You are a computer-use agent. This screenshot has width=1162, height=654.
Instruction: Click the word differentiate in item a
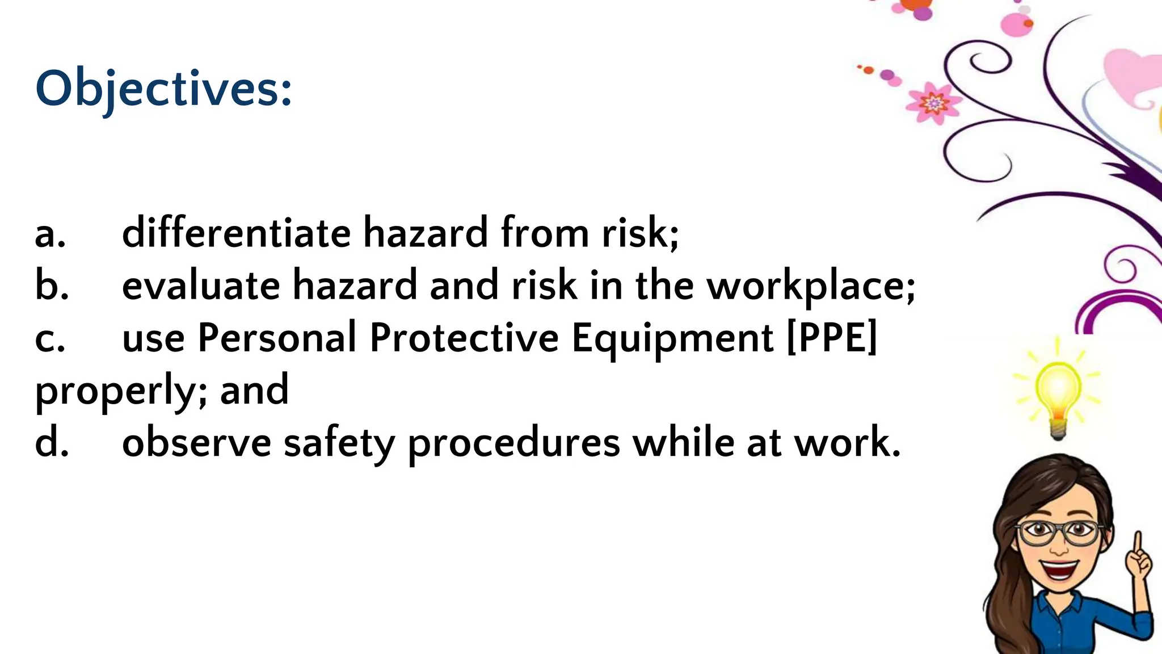[236, 233]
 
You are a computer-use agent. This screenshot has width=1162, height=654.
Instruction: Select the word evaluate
[201, 286]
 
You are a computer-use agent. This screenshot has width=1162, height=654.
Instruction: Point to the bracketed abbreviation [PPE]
[832, 337]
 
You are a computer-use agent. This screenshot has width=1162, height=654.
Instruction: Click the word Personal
[277, 338]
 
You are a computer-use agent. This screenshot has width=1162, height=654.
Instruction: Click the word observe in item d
[196, 443]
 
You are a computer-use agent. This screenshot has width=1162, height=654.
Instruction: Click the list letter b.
[51, 286]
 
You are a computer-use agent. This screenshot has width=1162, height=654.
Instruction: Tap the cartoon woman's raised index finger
[1137, 545]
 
